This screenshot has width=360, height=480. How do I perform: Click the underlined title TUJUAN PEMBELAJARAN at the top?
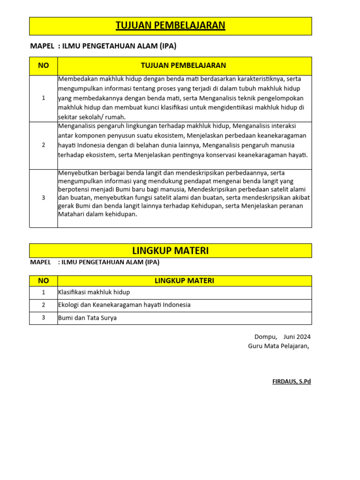[171, 26]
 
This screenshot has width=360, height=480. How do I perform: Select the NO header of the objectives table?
[44, 66]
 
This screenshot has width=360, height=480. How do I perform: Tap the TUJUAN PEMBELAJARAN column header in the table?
[184, 66]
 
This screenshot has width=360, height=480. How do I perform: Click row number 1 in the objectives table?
[44, 98]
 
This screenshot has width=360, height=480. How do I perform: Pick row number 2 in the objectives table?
[44, 145]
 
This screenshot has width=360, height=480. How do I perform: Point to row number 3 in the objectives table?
[44, 198]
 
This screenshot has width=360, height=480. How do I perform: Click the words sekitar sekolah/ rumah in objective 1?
[92, 117]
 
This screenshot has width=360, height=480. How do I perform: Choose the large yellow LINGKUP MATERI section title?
[171, 251]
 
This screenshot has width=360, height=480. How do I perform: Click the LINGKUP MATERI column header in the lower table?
[184, 281]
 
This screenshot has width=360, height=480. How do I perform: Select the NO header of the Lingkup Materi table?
[44, 281]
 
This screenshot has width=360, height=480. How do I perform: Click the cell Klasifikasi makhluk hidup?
[94, 292]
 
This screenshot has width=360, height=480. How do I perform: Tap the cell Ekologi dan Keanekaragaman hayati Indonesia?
[124, 305]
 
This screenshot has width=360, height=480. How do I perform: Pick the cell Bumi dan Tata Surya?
[87, 318]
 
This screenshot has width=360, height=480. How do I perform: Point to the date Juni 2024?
[297, 337]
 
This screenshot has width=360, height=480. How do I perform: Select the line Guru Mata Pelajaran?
[278, 346]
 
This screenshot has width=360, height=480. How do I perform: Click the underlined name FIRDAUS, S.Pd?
[292, 382]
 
